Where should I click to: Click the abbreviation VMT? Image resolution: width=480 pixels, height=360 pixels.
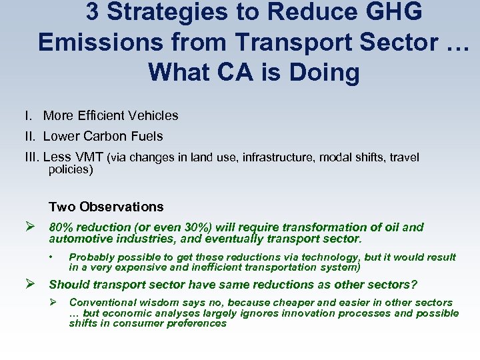tap(87, 157)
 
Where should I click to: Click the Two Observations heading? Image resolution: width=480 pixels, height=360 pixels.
tap(106, 207)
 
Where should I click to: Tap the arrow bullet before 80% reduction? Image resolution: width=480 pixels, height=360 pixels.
tap(29, 227)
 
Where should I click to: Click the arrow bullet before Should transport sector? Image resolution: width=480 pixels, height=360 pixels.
tap(29, 285)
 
